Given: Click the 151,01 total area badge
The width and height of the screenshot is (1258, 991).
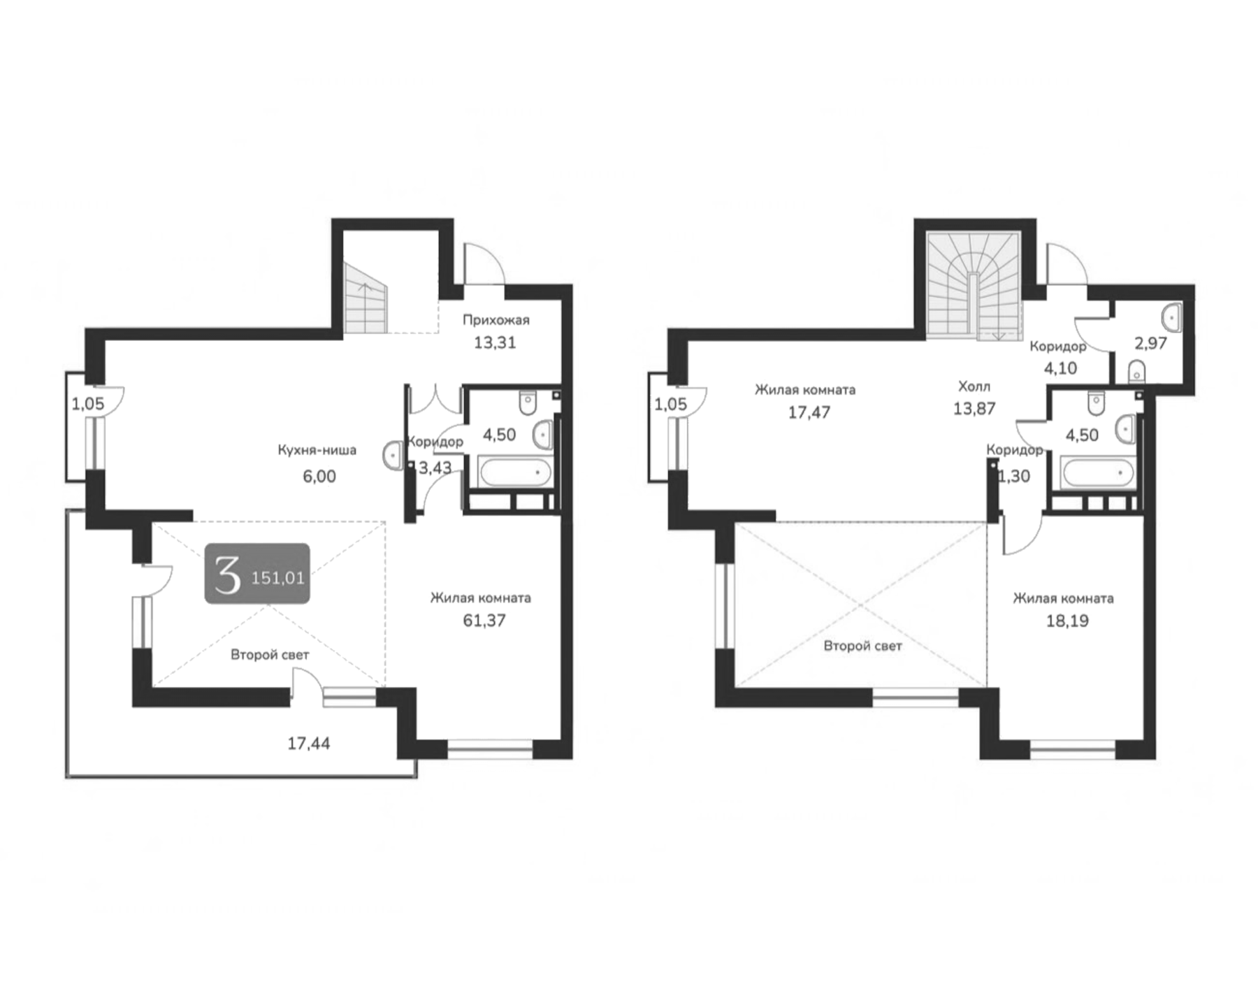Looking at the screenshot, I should pyautogui.click(x=257, y=574).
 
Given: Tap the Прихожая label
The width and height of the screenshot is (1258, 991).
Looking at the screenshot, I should pyautogui.click(x=496, y=320).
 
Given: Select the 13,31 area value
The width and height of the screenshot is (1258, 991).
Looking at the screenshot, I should pyautogui.click(x=495, y=342).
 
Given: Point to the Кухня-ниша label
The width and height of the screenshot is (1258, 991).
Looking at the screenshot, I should pyautogui.click(x=317, y=450).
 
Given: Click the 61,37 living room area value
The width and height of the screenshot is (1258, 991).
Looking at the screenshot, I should pyautogui.click(x=484, y=621).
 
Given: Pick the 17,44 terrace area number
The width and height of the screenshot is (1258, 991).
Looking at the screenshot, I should pyautogui.click(x=308, y=744).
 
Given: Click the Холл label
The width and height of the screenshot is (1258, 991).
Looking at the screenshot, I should pyautogui.click(x=974, y=386).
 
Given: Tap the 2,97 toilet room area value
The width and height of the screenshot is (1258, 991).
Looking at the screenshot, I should pyautogui.click(x=1150, y=343).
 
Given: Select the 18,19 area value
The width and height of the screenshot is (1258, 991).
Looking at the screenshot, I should pyautogui.click(x=1067, y=621).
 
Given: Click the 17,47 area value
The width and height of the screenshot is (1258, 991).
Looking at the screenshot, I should pyautogui.click(x=809, y=412).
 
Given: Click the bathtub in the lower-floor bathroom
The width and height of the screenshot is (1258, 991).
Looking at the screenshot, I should pyautogui.click(x=516, y=472).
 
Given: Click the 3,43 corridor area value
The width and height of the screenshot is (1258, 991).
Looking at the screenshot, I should pyautogui.click(x=435, y=468).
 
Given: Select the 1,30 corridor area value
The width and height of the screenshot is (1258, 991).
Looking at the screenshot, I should pyautogui.click(x=1013, y=477).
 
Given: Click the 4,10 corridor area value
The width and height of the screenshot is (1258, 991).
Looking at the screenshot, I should pyautogui.click(x=1060, y=368).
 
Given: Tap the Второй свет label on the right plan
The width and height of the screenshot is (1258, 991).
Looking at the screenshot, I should pyautogui.click(x=862, y=646).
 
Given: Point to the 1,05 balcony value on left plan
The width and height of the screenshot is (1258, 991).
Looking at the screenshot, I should pyautogui.click(x=87, y=404).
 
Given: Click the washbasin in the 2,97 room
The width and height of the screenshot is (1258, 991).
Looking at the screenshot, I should pyautogui.click(x=1171, y=318).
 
